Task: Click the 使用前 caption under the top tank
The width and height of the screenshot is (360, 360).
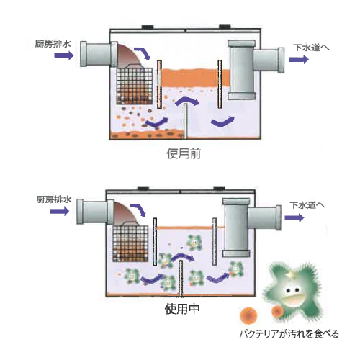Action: click(184, 153)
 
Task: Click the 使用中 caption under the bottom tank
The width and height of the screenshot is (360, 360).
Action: click(182, 309)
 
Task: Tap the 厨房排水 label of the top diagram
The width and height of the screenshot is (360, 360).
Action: click(53, 44)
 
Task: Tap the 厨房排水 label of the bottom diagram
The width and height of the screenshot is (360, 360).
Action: click(54, 199)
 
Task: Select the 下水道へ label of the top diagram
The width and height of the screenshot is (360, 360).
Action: click(311, 48)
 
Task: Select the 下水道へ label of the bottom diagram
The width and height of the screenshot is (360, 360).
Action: click(307, 205)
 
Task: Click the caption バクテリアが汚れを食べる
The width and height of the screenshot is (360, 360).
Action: click(289, 334)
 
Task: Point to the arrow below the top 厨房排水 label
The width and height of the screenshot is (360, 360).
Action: click(64, 55)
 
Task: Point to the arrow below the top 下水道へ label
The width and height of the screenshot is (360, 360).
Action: click(299, 59)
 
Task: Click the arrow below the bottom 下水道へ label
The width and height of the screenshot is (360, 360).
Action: click(294, 218)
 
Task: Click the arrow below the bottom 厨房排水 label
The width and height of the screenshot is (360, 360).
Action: click(60, 211)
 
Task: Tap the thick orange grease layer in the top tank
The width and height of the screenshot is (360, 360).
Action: click(195, 77)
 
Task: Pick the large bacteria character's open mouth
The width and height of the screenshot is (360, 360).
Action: click(293, 300)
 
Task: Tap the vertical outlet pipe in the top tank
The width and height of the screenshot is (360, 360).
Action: click(241, 70)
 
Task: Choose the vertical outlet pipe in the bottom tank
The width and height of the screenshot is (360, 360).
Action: click(237, 228)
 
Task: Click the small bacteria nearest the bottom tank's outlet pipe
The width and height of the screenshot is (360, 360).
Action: click(235, 269)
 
